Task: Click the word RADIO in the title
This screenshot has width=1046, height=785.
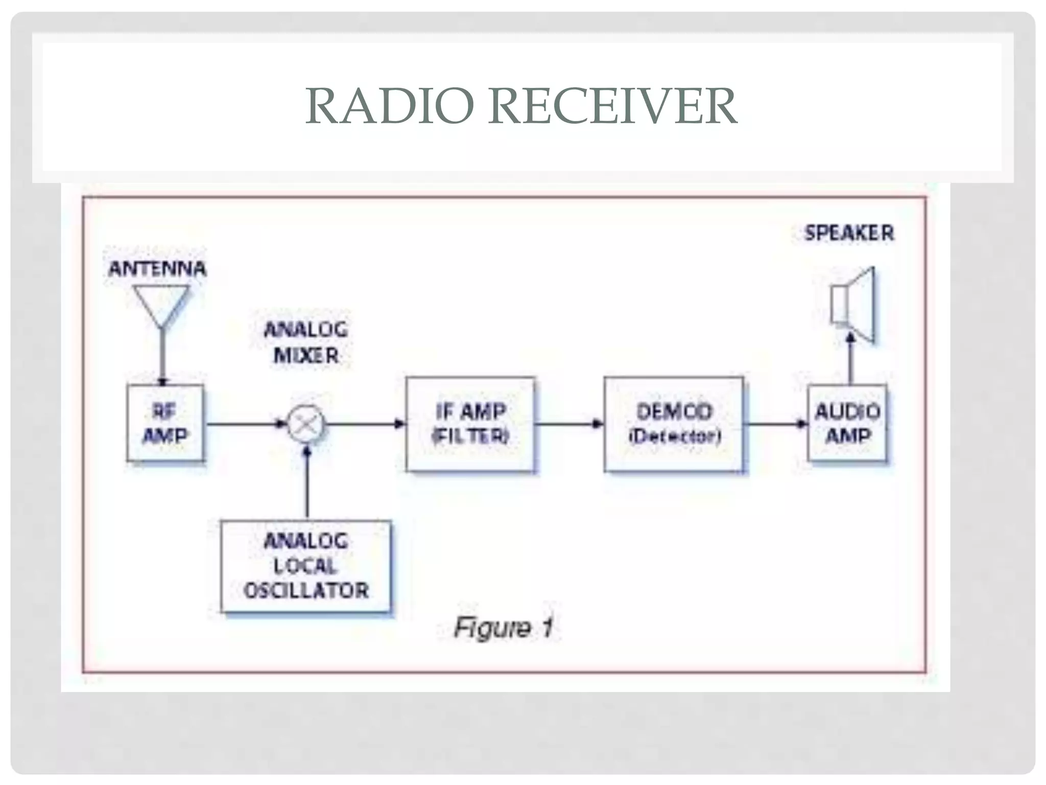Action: [x=389, y=106]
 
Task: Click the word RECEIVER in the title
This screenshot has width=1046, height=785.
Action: [x=612, y=106]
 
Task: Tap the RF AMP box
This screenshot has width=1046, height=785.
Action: [x=165, y=423]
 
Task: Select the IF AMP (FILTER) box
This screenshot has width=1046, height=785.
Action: [x=470, y=424]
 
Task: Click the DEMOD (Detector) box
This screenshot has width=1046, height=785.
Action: [x=673, y=424]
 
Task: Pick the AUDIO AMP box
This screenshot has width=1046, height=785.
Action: [x=847, y=423]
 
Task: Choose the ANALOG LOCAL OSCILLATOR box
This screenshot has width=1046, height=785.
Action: [x=305, y=566]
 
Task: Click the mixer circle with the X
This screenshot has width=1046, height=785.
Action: [x=306, y=424]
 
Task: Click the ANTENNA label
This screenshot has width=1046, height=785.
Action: [x=157, y=269]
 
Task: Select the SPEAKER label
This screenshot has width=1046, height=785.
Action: [x=849, y=233]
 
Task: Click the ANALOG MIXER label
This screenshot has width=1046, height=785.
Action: [x=306, y=342]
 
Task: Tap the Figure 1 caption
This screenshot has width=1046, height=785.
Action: [x=503, y=627]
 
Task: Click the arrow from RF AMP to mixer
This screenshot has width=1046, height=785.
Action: [x=245, y=424]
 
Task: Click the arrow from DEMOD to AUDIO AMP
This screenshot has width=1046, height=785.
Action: [x=774, y=424]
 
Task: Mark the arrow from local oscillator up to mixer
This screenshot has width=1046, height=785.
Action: [x=307, y=483]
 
